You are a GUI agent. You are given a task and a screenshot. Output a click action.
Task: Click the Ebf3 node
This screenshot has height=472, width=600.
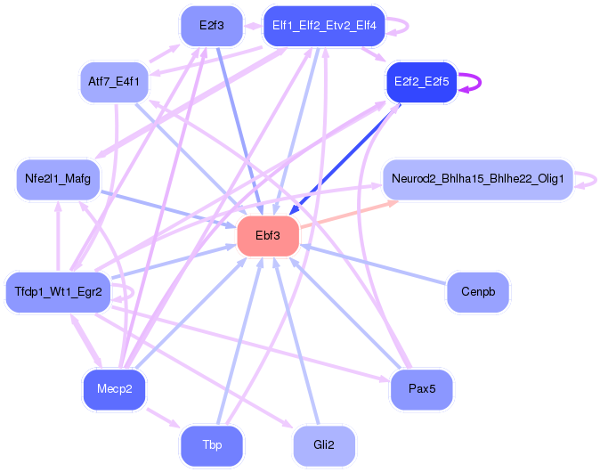pyautogui.click(x=268, y=235)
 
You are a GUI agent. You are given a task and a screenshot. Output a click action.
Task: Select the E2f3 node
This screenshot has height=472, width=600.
pyautogui.click(x=212, y=26)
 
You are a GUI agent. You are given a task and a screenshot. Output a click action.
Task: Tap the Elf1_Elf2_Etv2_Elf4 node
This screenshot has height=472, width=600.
pyautogui.click(x=324, y=26)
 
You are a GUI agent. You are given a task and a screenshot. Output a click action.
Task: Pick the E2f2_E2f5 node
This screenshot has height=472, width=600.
pyautogui.click(x=422, y=82)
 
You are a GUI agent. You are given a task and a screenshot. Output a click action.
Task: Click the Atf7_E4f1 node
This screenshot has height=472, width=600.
pyautogui.click(x=114, y=82)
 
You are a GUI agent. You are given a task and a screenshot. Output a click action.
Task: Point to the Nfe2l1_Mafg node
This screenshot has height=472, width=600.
pyautogui.click(x=58, y=179)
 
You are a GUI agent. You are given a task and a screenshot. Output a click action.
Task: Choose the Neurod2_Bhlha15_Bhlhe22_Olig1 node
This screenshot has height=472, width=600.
pyautogui.click(x=478, y=179)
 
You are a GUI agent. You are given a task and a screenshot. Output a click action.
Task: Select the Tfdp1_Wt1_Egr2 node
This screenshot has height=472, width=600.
pyautogui.click(x=58, y=292)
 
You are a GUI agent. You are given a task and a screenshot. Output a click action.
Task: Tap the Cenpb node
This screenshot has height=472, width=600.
pyautogui.click(x=478, y=292)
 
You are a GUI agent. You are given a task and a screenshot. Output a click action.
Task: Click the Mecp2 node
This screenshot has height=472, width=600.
pyautogui.click(x=115, y=389)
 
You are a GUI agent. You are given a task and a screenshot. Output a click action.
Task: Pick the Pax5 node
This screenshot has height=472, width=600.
pyautogui.click(x=422, y=389)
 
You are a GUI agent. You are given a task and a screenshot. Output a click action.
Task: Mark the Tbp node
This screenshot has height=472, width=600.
pyautogui.click(x=212, y=445)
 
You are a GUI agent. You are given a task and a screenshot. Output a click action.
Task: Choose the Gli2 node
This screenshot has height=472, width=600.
pyautogui.click(x=324, y=445)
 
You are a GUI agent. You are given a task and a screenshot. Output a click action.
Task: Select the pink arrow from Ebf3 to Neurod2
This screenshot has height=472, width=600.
pyautogui.click(x=349, y=215)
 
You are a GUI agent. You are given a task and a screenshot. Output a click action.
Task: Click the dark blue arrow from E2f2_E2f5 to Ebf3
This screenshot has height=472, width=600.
pyautogui.click(x=345, y=159)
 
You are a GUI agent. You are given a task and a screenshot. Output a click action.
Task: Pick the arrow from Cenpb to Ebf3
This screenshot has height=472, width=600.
pyautogui.click(x=373, y=264)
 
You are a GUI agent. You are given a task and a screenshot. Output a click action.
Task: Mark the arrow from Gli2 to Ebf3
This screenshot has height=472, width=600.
pyautogui.click(x=296, y=341)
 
